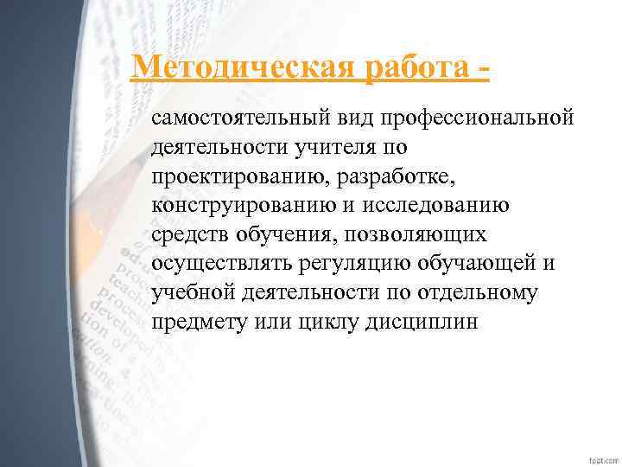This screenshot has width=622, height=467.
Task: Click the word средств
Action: [x=189, y=234]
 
